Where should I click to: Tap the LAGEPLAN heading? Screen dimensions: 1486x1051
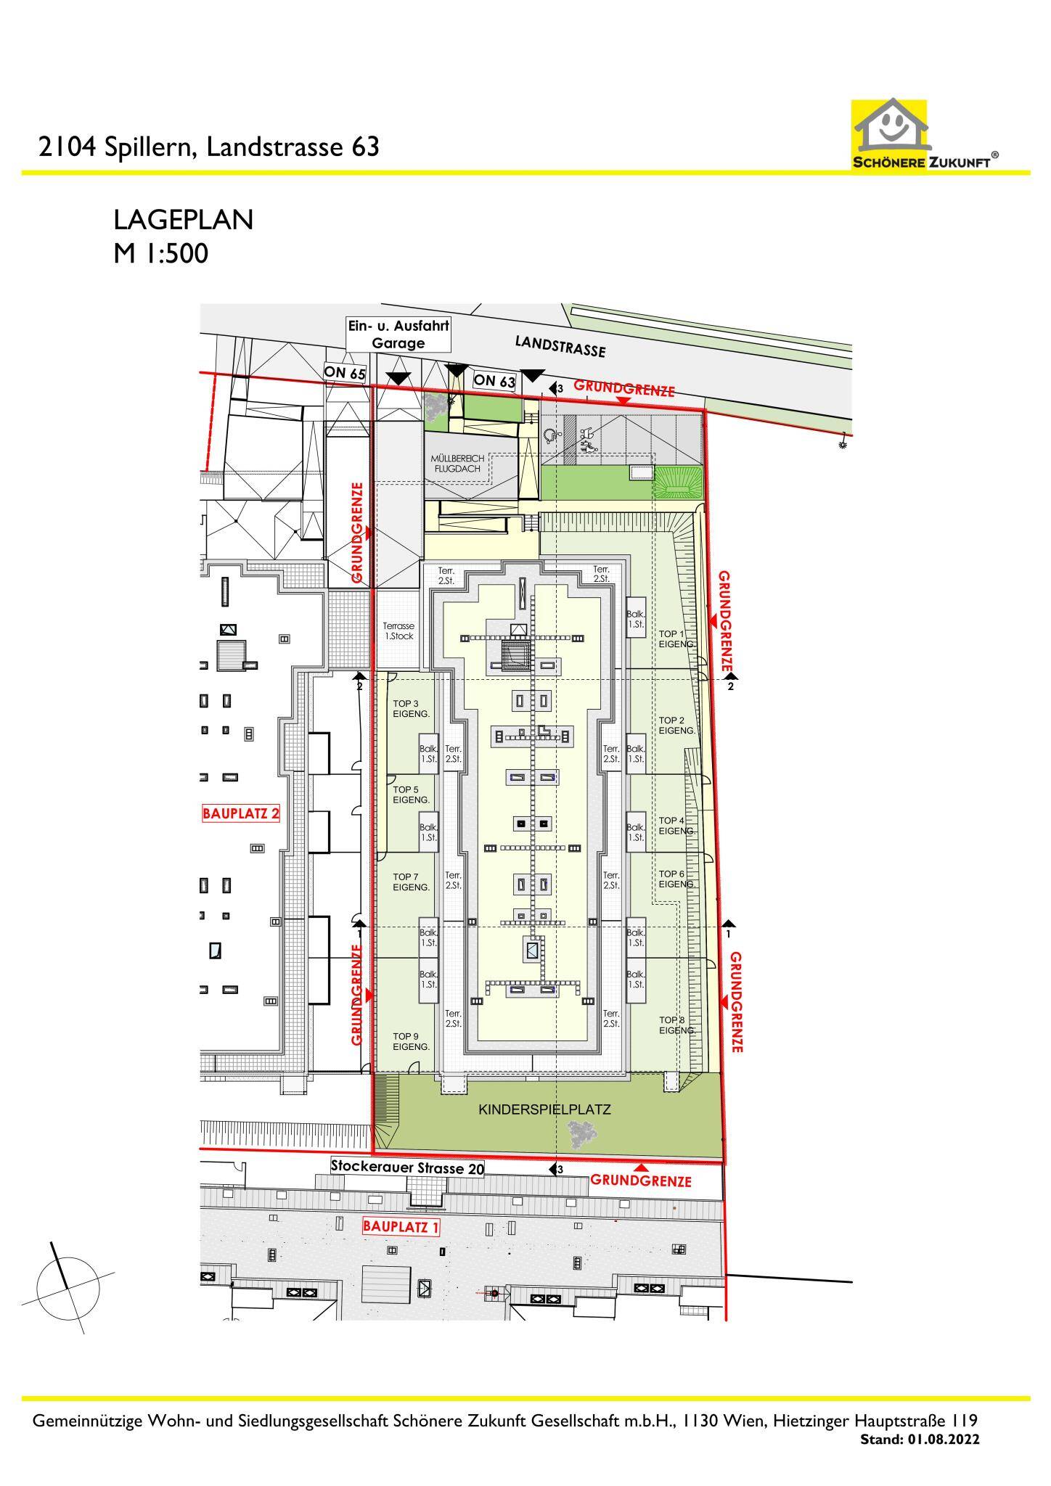pos(183,220)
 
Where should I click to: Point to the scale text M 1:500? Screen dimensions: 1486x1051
pos(160,253)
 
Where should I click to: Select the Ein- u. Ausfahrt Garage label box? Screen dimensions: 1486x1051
pos(398,334)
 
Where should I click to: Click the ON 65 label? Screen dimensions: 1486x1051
pos(345,374)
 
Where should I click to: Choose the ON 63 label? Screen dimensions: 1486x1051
pos(494,380)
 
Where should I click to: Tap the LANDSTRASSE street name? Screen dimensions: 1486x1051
pos(560,346)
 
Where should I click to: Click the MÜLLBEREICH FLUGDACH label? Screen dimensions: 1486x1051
pos(457,464)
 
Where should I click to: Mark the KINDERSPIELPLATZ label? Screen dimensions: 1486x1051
pos(544,1109)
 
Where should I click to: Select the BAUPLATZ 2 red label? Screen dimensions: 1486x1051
pos(241,813)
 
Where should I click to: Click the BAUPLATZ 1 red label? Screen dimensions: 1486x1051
pos(401,1226)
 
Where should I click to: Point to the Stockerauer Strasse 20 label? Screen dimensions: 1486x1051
pos(406,1167)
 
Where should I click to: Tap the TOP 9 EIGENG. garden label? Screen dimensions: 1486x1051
pos(411,1041)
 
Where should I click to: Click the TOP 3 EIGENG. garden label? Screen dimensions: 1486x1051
pos(411,709)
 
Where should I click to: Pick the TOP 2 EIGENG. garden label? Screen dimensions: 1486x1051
pos(676,726)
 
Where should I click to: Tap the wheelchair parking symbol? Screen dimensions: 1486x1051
pos(551,435)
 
